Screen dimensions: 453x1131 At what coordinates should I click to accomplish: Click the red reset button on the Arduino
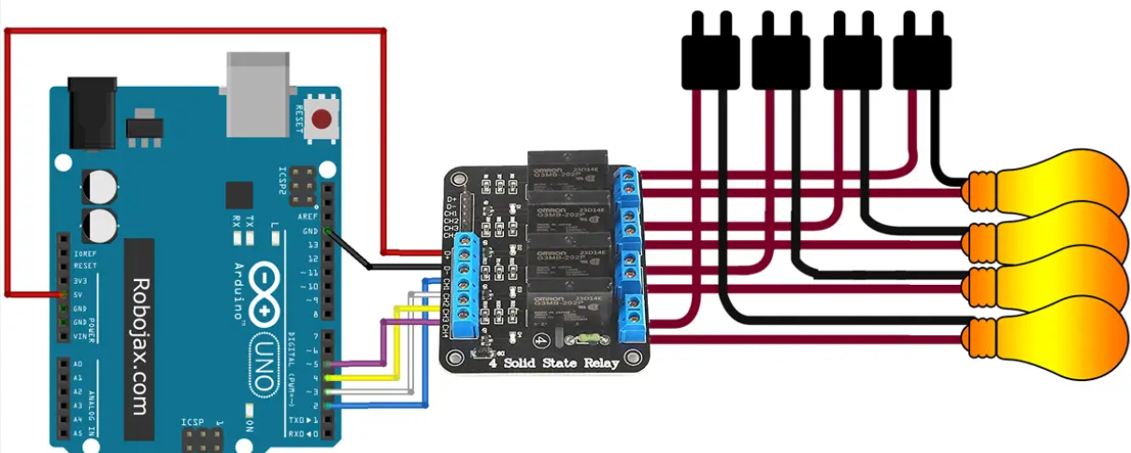tap(323, 119)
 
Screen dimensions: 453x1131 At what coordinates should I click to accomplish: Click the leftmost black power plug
tap(710, 56)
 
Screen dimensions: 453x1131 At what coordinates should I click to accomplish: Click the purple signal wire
tap(383, 341)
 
